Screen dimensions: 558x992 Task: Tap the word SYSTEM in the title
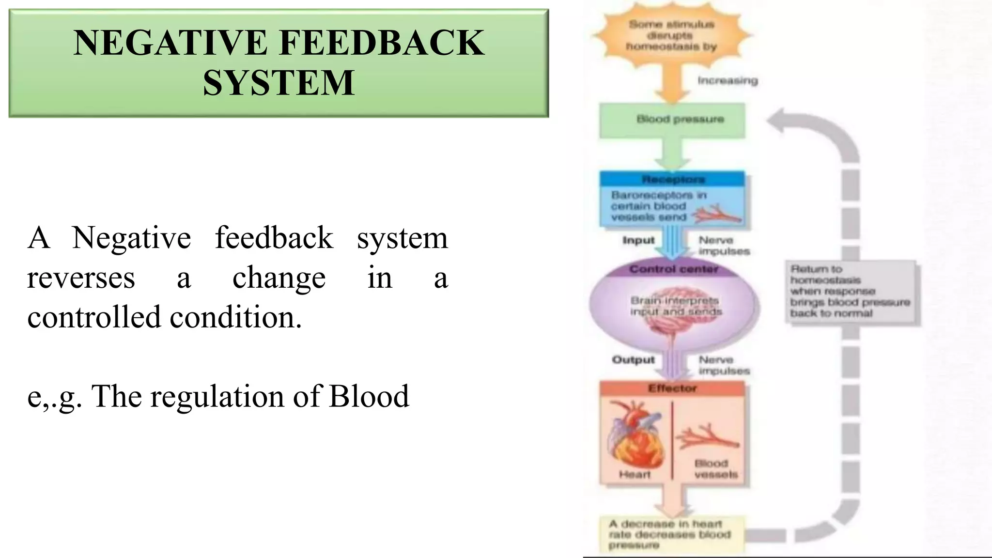(279, 82)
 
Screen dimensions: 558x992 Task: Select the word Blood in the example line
(369, 396)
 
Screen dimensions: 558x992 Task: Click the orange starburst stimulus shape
(671, 35)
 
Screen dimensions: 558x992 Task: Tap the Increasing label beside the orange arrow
(728, 80)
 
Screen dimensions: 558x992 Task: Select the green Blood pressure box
(672, 120)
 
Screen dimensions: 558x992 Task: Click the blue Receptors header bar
(672, 179)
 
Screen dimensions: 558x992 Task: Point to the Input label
(638, 240)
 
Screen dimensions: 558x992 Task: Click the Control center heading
(673, 269)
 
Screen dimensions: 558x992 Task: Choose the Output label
(633, 359)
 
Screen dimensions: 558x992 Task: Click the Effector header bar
(672, 388)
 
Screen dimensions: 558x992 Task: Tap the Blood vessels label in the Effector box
(715, 469)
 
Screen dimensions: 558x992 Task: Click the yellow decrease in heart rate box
(671, 534)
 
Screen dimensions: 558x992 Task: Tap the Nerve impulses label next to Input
(724, 246)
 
